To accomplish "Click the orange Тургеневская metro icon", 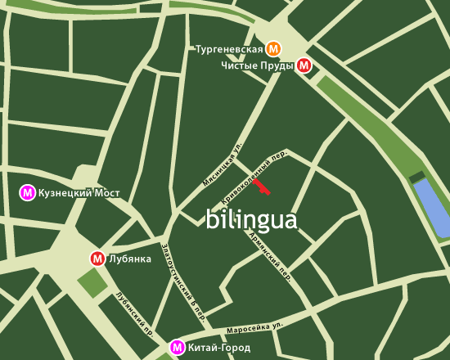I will [274, 48].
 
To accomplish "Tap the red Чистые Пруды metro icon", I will [304, 65].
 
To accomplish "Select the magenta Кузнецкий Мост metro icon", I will [28, 193].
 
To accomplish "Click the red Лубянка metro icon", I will [97, 259].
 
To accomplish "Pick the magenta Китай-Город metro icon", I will [177, 348].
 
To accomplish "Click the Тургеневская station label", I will [229, 49].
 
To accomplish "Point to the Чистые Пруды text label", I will [257, 65].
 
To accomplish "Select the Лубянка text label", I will [130, 259].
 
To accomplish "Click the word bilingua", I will [251, 219].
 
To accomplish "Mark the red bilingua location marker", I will [261, 187].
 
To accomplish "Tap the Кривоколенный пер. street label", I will [255, 176].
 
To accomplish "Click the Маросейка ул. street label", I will [256, 327].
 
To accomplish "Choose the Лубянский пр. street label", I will [135, 314].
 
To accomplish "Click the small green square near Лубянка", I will [92, 282].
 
